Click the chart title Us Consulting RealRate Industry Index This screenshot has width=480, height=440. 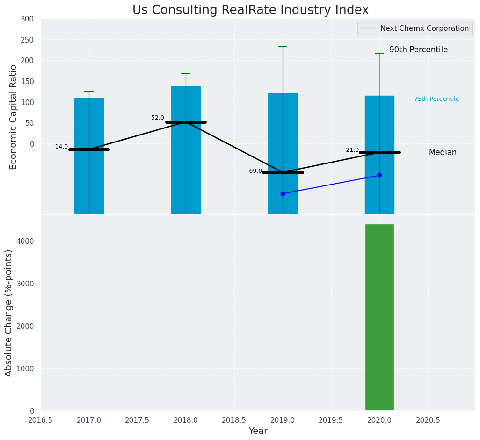pyautogui.click(x=250, y=10)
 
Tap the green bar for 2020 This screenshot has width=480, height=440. pyautogui.click(x=379, y=317)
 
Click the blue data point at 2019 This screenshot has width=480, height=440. pyautogui.click(x=283, y=194)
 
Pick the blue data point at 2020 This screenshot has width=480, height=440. pyautogui.click(x=379, y=175)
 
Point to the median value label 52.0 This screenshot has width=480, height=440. pyautogui.click(x=158, y=118)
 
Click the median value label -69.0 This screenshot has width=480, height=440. pyautogui.click(x=255, y=171)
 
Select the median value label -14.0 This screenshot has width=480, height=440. pyautogui.click(x=60, y=147)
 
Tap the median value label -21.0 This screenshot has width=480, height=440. pyautogui.click(x=351, y=150)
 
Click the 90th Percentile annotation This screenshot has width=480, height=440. pyautogui.click(x=418, y=50)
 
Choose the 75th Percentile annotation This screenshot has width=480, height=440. pyautogui.click(x=436, y=99)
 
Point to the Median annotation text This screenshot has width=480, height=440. pyautogui.click(x=443, y=152)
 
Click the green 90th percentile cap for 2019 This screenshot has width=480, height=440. pyautogui.click(x=283, y=47)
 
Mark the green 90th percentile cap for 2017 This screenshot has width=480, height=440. pyautogui.click(x=89, y=91)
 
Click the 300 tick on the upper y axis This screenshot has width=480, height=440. pyautogui.click(x=27, y=19)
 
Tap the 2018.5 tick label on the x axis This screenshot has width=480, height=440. pyautogui.click(x=234, y=420)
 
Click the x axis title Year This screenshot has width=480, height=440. pyautogui.click(x=258, y=431)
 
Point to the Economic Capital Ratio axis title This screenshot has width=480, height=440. pyautogui.click(x=13, y=117)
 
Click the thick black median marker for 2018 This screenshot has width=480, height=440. pyautogui.click(x=186, y=122)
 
